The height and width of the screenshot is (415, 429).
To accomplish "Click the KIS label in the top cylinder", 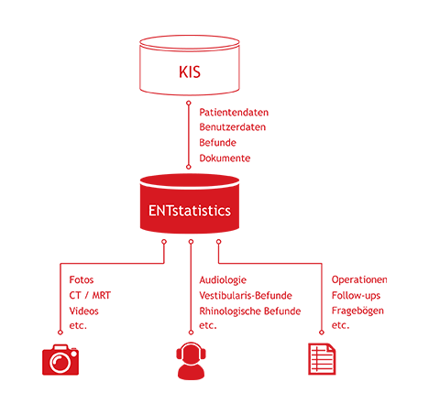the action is [190, 72].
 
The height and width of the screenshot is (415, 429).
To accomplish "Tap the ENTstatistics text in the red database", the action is [190, 211].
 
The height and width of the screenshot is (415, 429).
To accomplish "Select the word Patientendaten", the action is [234, 113].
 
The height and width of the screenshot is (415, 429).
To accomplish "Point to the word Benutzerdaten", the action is [233, 127].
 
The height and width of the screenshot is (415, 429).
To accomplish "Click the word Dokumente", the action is [225, 158].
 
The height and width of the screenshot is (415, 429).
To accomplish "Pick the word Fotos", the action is [82, 279].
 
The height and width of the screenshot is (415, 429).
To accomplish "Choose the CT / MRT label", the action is [90, 295].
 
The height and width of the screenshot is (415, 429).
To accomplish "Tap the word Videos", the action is [84, 311].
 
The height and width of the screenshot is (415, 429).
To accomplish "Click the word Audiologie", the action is [223, 280].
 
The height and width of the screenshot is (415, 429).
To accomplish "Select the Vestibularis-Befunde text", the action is [246, 295].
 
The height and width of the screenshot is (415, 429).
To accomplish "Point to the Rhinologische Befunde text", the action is [250, 311].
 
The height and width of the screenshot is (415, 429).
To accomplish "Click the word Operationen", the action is [359, 279].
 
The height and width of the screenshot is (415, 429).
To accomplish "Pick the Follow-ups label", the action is [356, 295].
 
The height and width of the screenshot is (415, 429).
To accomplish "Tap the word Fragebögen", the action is [357, 311].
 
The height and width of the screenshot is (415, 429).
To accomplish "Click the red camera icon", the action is [60, 360].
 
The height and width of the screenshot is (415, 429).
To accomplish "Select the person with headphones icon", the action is [191, 361].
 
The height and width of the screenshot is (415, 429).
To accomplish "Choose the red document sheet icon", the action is [322, 359].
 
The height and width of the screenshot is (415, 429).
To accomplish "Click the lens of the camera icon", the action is [60, 363].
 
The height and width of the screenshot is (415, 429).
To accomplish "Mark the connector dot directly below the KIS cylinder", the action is [189, 103].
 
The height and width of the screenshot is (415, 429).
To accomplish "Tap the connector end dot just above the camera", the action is [60, 333].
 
